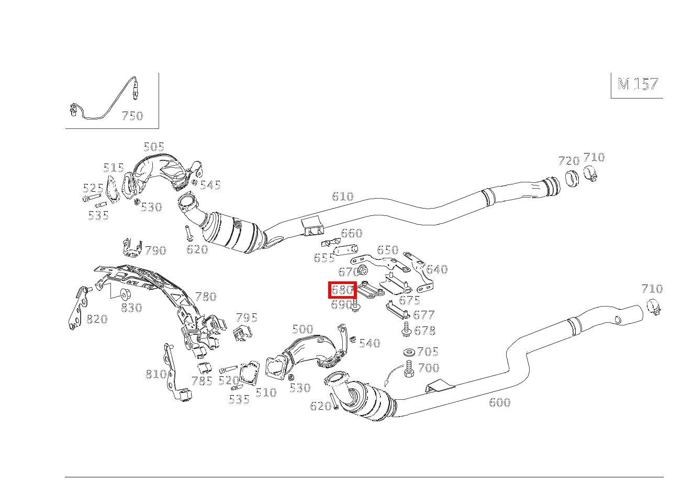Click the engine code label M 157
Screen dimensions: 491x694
(x=637, y=84)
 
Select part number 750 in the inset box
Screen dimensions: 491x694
(x=132, y=116)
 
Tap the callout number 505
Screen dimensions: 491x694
(x=154, y=147)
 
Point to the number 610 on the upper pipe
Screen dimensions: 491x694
(x=342, y=197)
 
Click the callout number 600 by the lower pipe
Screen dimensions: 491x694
(x=499, y=402)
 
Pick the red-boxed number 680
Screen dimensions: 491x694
(x=342, y=290)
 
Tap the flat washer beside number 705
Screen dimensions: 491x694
(x=408, y=352)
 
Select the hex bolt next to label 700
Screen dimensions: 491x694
(x=409, y=370)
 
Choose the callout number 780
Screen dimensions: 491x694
(x=206, y=297)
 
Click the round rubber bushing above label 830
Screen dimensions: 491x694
(x=125, y=293)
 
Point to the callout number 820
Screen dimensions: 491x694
(x=97, y=319)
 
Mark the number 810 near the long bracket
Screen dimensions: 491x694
(x=156, y=374)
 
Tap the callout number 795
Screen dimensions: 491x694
(x=247, y=318)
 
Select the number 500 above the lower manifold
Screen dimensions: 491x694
(x=303, y=330)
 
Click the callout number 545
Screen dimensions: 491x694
(x=210, y=185)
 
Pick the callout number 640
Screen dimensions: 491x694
(x=437, y=270)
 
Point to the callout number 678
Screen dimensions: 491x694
(x=424, y=331)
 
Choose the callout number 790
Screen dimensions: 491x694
(x=155, y=251)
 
